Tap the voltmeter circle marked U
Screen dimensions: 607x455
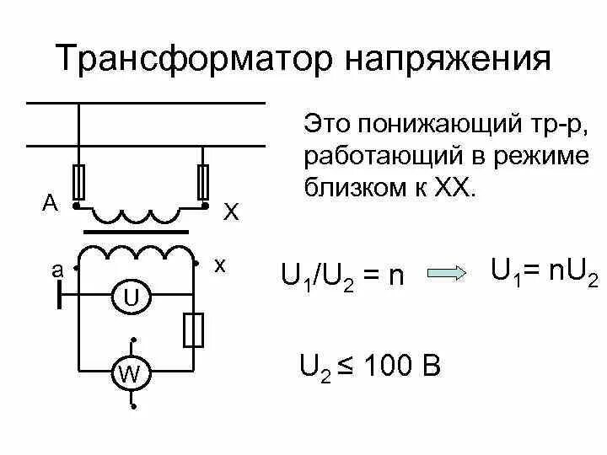(132, 297)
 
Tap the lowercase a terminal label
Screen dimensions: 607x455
(57, 270)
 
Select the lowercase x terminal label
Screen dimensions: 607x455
(220, 264)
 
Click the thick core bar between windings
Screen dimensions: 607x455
(136, 229)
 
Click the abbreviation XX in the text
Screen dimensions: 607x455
(457, 186)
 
